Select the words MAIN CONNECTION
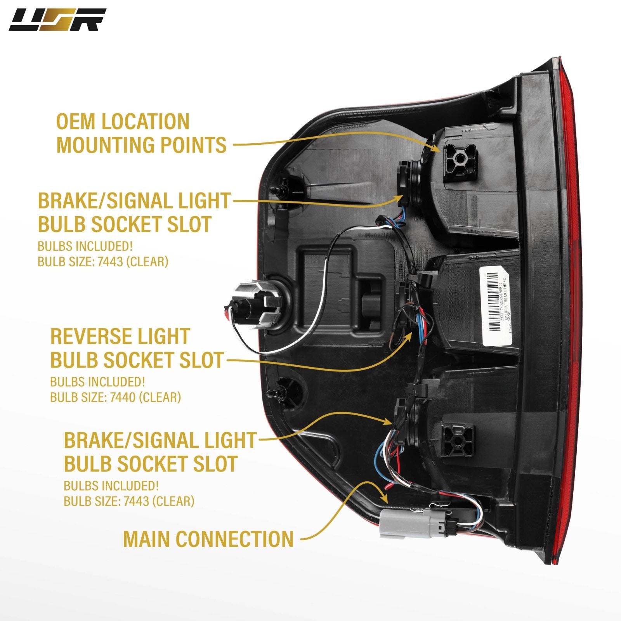coord(208,539)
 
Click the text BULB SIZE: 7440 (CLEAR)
coord(115,397)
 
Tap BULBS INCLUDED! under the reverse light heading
coord(97,382)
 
